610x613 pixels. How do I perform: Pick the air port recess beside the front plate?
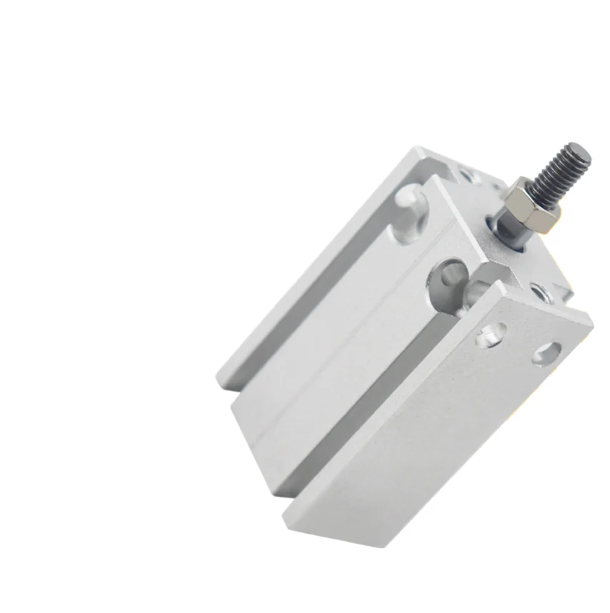448,276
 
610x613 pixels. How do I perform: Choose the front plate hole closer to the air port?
491,333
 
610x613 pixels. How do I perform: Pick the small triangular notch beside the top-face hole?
564,293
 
